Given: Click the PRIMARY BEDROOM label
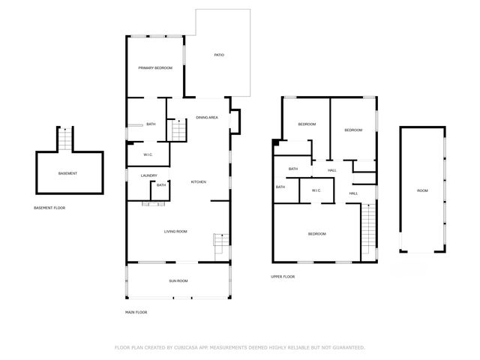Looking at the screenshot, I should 155,68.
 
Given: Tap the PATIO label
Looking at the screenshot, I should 219,55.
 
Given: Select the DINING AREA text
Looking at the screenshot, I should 207,118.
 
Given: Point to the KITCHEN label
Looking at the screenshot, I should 198,182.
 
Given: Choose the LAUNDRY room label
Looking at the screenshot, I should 148,175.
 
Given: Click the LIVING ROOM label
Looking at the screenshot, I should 175,232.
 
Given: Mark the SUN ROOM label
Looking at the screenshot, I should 178,280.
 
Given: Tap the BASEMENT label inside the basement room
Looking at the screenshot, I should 67,173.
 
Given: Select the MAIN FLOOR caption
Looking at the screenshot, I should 136,312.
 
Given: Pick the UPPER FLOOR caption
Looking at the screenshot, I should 283,277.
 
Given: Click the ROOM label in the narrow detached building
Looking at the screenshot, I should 422,190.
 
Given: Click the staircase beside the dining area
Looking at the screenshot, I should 178,130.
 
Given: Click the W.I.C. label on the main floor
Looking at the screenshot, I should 148,156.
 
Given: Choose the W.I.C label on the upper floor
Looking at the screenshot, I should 316,190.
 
